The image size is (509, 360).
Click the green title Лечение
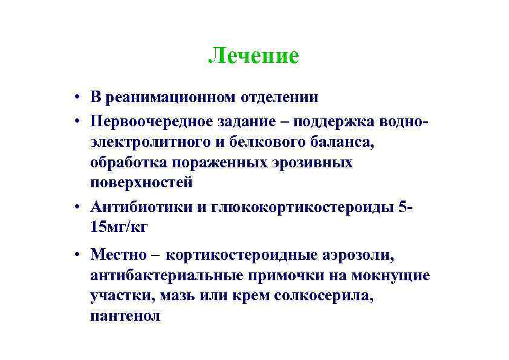pyautogui.click(x=253, y=56)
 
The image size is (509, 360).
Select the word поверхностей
pyautogui.click(x=141, y=182)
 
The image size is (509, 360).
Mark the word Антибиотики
pyautogui.click(x=141, y=207)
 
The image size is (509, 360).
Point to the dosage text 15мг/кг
pyautogui.click(x=118, y=227)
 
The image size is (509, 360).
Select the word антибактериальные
pyautogui.click(x=166, y=276)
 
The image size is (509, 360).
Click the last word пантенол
pyautogui.click(x=125, y=316)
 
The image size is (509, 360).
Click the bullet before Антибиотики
pyautogui.click(x=79, y=208)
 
